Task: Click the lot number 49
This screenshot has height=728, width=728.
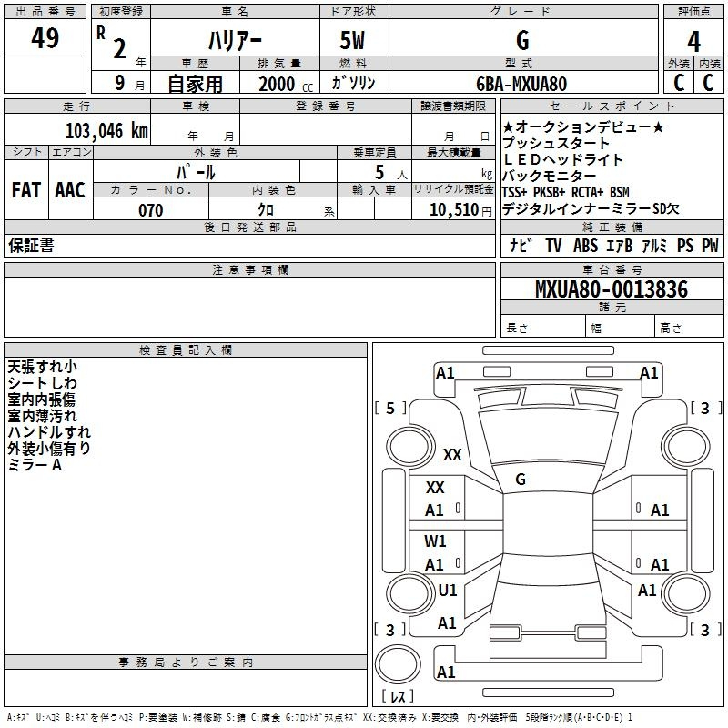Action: click(x=45, y=37)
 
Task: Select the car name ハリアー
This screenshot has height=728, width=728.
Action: click(x=235, y=40)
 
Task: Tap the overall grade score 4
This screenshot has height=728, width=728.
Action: click(x=693, y=42)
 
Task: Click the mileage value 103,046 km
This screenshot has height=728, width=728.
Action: click(x=106, y=130)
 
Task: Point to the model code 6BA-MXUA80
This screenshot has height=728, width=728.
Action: click(x=521, y=84)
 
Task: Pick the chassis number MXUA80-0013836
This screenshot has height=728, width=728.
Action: click(x=612, y=289)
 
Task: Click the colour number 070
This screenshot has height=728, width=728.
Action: click(x=151, y=210)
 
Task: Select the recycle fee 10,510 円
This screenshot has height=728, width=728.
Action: click(x=460, y=210)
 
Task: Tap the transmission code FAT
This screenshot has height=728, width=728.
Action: click(x=26, y=190)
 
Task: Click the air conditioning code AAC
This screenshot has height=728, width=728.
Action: click(x=70, y=190)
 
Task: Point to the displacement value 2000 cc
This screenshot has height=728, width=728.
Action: click(x=286, y=84)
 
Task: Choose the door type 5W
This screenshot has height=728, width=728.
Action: click(x=352, y=40)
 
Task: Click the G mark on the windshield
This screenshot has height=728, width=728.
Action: click(x=521, y=480)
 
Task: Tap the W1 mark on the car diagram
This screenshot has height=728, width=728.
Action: click(x=435, y=541)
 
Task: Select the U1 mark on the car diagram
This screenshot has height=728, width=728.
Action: click(x=448, y=590)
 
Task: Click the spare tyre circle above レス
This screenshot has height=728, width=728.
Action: click(x=398, y=664)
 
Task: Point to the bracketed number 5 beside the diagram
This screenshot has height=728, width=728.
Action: click(x=390, y=408)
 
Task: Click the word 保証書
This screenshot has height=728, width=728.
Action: click(x=31, y=245)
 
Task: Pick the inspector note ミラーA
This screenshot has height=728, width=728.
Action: click(x=35, y=465)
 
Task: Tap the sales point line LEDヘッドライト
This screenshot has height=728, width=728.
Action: click(x=562, y=159)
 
